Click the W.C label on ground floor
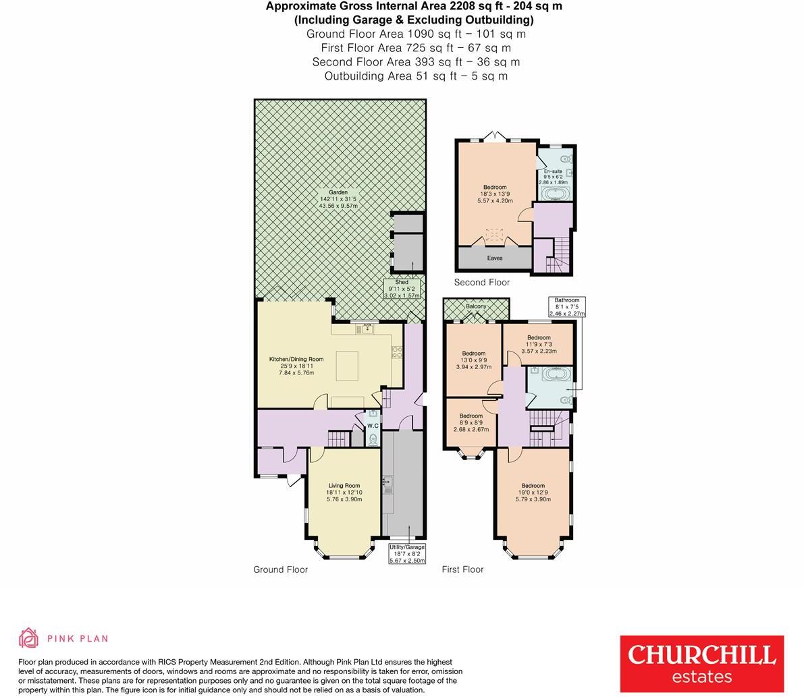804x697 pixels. pyautogui.click(x=373, y=426)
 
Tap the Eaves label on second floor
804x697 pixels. pyautogui.click(x=495, y=258)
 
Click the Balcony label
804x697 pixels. pyautogui.click(x=476, y=307)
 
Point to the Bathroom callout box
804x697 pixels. pyautogui.click(x=567, y=307)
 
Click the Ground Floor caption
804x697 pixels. pyautogui.click(x=280, y=569)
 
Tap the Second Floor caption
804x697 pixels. pyautogui.click(x=481, y=282)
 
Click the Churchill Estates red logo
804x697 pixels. pyautogui.click(x=701, y=663)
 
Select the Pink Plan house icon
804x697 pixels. pyautogui.click(x=29, y=638)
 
